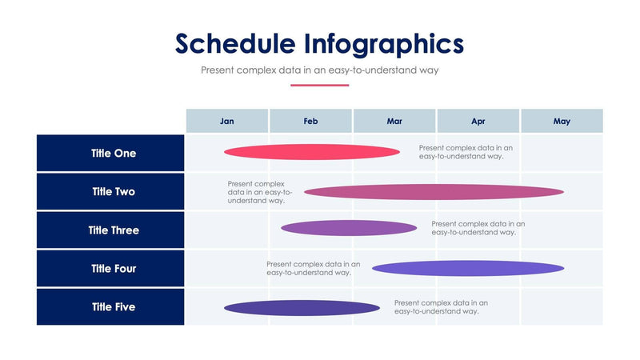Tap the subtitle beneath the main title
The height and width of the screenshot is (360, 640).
point(320,70)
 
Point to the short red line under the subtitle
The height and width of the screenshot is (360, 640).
point(320,85)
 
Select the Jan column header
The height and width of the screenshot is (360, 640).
point(227,122)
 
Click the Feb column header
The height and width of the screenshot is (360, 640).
point(310,122)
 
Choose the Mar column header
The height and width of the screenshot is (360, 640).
point(394,122)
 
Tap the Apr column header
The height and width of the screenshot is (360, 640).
point(478,122)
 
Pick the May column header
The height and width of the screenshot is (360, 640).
point(562,122)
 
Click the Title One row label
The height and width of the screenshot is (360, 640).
point(114,154)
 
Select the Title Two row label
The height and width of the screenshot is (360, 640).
point(114,192)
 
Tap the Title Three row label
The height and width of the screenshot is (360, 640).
point(114,230)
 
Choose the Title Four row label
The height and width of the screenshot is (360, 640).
point(114,269)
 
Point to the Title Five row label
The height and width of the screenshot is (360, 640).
point(114,307)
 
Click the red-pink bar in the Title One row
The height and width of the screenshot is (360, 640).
point(312,152)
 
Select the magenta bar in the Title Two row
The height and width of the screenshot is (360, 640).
point(434,192)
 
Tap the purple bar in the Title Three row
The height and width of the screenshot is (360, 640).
point(349,228)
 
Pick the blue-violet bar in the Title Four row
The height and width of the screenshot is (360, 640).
point(468,268)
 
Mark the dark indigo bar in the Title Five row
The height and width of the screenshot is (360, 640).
point(302,308)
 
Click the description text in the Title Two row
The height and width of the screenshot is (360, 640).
point(259,192)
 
